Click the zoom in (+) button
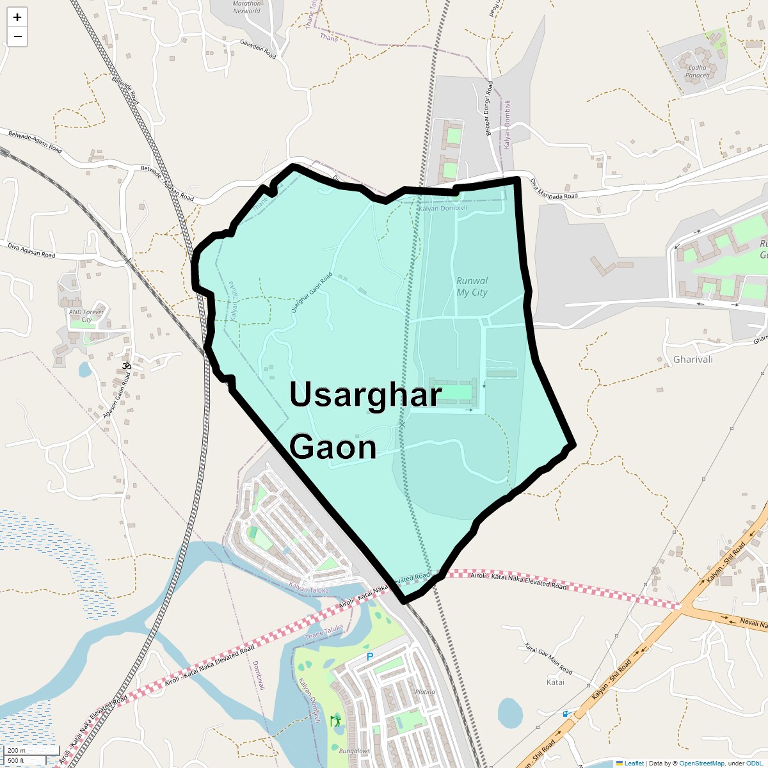click(17, 17)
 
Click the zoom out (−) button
click(17, 36)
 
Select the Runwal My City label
click(472, 287)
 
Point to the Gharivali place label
click(692, 360)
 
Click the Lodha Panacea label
click(697, 71)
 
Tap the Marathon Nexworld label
click(247, 7)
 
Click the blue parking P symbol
click(369, 657)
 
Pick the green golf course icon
click(335, 721)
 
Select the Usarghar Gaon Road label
click(312, 293)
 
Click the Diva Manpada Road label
click(554, 188)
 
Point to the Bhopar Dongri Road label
click(489, 107)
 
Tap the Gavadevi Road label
click(258, 49)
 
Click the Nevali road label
click(753, 623)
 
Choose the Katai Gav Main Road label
click(548, 659)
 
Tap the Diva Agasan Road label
click(31, 250)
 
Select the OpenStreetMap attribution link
click(701, 763)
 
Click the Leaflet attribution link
click(634, 763)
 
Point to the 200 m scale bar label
click(17, 750)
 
